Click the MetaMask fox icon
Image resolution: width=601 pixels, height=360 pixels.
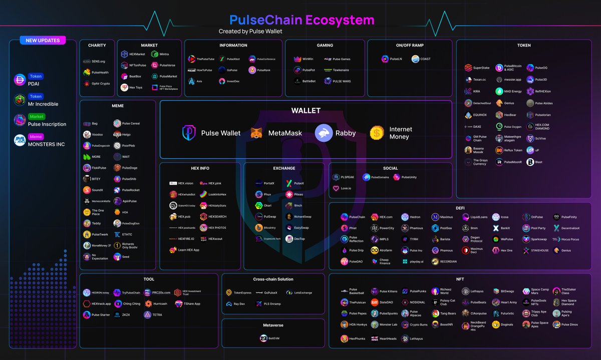[x=256, y=133]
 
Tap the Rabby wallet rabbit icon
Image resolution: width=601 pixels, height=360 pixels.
[x=324, y=133]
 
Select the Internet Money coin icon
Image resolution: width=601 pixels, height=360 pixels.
[x=377, y=133]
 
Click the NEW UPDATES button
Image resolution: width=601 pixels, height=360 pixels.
[x=43, y=40]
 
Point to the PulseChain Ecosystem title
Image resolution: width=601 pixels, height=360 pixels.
[x=302, y=20]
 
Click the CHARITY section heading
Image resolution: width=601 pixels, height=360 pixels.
[x=97, y=46]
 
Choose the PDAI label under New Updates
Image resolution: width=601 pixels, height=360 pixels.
[x=34, y=84]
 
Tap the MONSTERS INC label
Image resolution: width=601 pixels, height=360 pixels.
[x=47, y=144]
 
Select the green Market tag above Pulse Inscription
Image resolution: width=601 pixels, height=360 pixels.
[x=36, y=117]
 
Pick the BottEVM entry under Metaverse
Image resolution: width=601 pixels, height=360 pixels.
[x=270, y=338]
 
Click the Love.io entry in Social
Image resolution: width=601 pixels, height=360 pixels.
[x=342, y=189]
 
